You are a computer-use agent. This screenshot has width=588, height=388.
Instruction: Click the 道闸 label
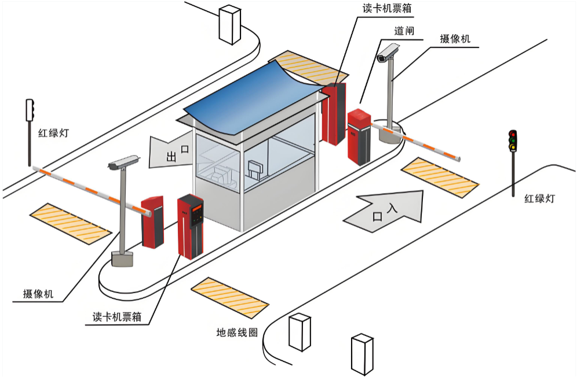(404, 31)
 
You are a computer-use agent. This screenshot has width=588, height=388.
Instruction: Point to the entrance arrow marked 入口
(385, 212)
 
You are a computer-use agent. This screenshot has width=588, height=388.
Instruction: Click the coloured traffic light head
(513, 141)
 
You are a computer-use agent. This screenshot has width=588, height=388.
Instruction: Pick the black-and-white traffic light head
(30, 110)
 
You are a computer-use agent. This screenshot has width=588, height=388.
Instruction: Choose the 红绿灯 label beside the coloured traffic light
(539, 198)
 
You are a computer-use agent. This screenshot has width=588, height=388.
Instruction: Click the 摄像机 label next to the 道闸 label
(455, 39)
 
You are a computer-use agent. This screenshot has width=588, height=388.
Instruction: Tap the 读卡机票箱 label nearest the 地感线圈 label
(117, 317)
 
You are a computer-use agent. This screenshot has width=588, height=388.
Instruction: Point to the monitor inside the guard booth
(255, 169)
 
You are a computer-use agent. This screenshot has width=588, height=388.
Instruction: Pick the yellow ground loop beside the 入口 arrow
(440, 176)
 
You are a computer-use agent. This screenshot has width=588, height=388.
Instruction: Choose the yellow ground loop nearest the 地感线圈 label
(230, 298)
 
